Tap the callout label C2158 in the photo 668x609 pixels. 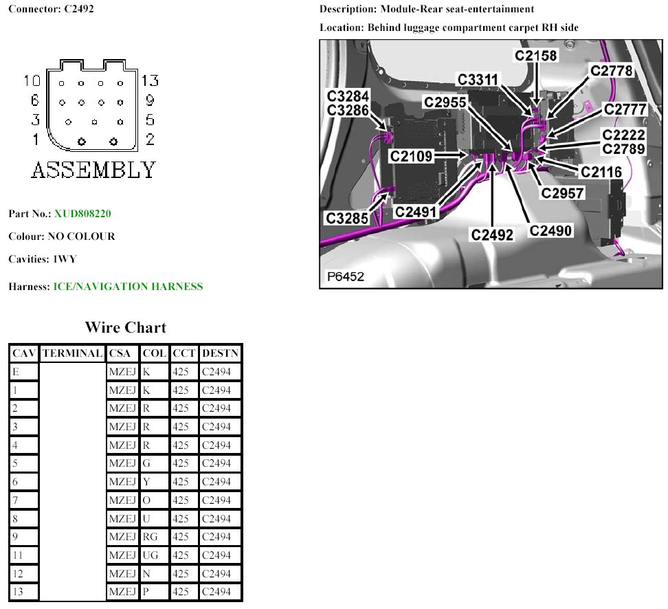point(536,54)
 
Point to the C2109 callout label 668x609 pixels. point(412,157)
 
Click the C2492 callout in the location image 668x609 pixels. point(492,235)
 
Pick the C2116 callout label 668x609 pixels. point(601,173)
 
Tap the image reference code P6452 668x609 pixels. point(345,277)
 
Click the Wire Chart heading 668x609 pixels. point(125,327)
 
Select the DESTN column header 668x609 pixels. point(220,353)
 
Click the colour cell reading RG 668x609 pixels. point(150,537)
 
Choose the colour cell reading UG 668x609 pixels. point(151,555)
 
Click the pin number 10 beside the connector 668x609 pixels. point(32,81)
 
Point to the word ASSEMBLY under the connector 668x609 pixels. point(93,169)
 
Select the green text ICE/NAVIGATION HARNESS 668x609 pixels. point(128,287)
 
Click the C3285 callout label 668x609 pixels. point(347,219)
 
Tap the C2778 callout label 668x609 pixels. point(612,71)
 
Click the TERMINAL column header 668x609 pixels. point(72,353)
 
